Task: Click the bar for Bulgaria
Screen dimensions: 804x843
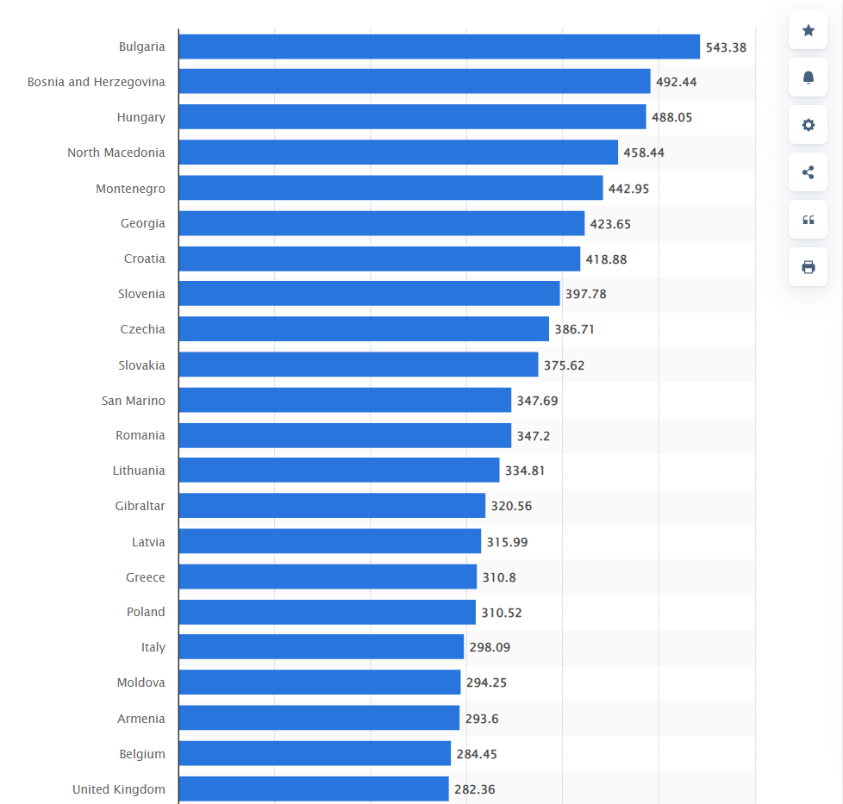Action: tap(439, 47)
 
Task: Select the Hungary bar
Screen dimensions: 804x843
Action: tap(412, 117)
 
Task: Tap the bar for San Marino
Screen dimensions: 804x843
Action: tap(345, 400)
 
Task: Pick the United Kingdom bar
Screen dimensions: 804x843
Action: tap(314, 788)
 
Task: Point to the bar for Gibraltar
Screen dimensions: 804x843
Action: tap(332, 506)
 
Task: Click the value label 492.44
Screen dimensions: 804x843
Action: tap(677, 82)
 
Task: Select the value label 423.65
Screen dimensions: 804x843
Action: tap(610, 224)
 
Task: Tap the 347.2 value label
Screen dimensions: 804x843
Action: tap(534, 436)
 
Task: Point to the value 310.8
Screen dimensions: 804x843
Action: tap(499, 577)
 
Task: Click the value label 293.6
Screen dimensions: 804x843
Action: tap(482, 719)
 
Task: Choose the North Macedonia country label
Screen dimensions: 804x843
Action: tap(116, 153)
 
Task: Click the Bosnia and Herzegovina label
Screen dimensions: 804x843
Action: tap(97, 82)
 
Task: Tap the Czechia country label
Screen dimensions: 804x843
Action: tap(143, 329)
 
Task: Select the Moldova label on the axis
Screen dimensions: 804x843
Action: tap(141, 682)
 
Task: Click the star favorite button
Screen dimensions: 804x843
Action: tap(808, 31)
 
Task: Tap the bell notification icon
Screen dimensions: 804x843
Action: tap(808, 78)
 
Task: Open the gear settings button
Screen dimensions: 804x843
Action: tap(808, 125)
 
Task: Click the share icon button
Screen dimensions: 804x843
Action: tap(808, 172)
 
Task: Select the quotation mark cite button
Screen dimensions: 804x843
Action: tap(808, 220)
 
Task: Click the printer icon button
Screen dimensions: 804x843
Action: tap(808, 267)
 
